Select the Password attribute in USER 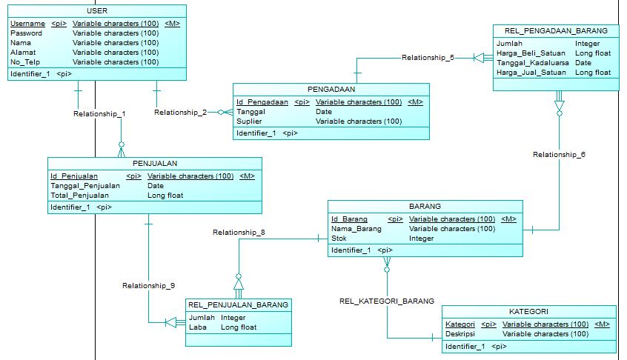coord(26,33)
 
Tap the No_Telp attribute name coord(24,62)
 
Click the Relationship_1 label coord(99,114)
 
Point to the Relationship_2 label coord(180,113)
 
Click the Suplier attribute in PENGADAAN coord(248,121)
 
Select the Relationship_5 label coord(428,57)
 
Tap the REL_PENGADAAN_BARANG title coord(555,31)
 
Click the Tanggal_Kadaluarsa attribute coord(532,63)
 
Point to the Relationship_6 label coord(560,155)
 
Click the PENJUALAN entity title coord(154,164)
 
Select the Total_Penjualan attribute coord(79,196)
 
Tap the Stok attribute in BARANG coord(339,239)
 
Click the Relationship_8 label coord(239,233)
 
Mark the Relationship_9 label coord(148,285)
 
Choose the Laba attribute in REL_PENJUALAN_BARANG coord(197,327)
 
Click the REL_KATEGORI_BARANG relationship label coord(387,301)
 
